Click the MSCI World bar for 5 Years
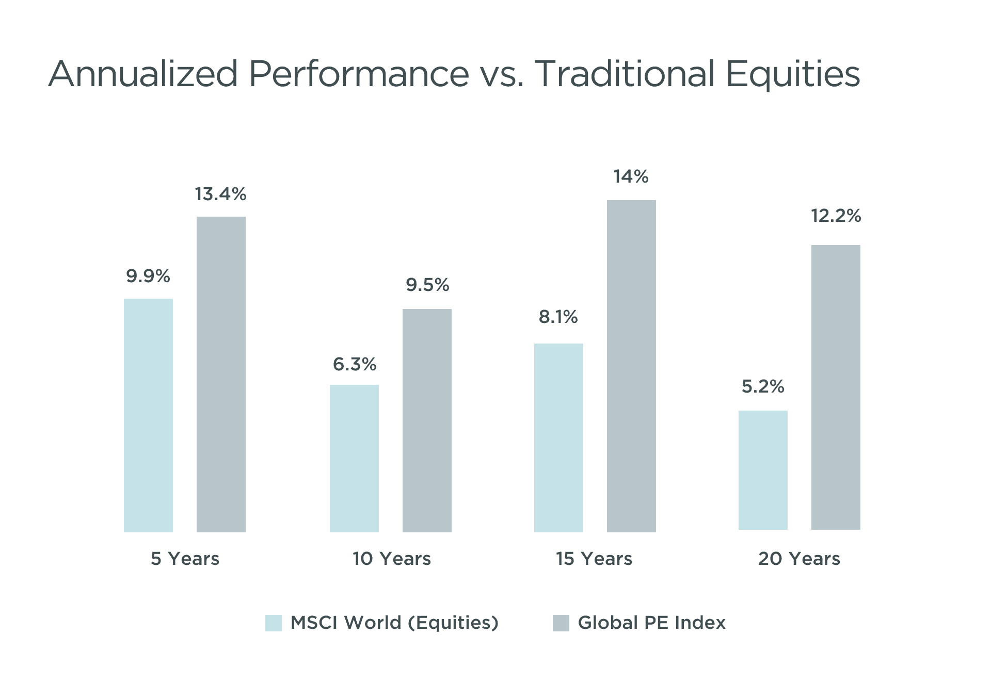148,415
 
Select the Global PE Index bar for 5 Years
221,374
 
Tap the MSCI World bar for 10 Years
354,458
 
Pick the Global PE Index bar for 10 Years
427,420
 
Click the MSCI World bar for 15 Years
558,437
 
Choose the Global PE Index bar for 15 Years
631,366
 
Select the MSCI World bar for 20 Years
763,470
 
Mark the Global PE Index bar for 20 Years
836,387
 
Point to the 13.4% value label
220,194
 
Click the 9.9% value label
148,276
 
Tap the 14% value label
631,177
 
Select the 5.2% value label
763,386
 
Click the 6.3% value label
355,365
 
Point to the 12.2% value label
836,216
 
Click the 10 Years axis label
391,559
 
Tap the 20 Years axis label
799,559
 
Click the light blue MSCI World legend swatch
274,623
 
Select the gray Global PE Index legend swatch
561,623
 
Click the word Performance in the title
359,74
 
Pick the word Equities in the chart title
793,74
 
